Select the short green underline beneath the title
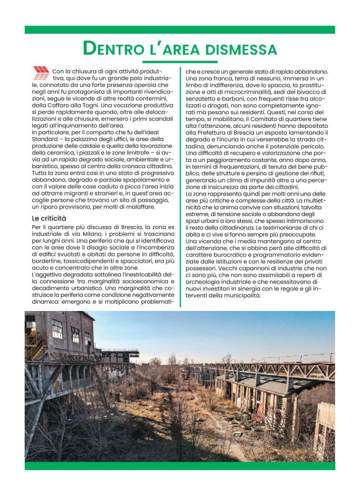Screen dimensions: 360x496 (x=180, y=62)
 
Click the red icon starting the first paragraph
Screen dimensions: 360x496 (x=41, y=74)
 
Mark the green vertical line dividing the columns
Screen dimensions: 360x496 (x=180, y=186)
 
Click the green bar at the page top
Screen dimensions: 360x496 (x=180, y=29)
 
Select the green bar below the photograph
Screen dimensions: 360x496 (x=180, y=466)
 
